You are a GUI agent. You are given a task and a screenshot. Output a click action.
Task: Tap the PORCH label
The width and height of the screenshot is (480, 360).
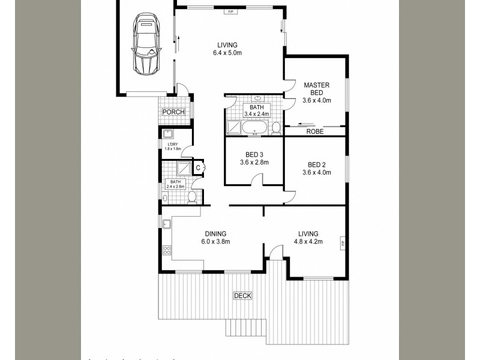[173, 112]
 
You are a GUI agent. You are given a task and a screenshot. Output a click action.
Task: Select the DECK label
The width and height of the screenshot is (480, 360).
[243, 295]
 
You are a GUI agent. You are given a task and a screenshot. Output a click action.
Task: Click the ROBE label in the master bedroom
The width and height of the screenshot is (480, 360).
[315, 131]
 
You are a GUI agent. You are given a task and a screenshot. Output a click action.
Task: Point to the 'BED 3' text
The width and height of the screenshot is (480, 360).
[254, 154]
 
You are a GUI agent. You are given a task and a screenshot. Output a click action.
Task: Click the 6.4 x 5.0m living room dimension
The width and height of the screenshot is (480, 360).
[227, 53]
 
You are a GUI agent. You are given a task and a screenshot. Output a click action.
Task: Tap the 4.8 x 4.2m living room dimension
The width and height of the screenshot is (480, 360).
[308, 242]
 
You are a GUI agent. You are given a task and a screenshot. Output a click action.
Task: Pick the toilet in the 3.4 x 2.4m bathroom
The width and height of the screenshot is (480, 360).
[275, 127]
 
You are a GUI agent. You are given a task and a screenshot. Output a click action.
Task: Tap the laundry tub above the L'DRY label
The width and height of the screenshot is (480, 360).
[167, 135]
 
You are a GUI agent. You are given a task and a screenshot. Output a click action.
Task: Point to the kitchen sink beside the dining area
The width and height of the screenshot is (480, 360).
[167, 225]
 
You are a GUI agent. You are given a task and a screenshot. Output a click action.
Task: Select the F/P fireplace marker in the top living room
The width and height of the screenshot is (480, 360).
[230, 11]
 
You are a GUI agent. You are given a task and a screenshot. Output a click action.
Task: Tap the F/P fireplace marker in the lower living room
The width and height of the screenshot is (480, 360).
[343, 243]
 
